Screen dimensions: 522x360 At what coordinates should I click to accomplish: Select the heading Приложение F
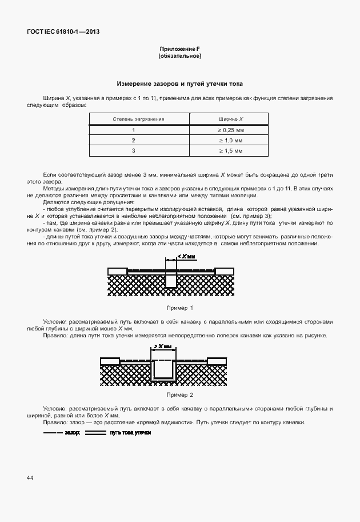pyautogui.click(x=179, y=50)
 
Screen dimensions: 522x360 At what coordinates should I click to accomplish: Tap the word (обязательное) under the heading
pyautogui.click(x=179, y=57)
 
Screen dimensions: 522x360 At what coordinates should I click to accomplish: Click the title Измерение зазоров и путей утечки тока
pyautogui.click(x=179, y=83)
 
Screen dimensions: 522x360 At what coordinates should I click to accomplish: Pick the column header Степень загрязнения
pyautogui.click(x=139, y=119)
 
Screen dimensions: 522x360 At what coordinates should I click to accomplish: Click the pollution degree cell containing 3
pyautogui.click(x=134, y=150)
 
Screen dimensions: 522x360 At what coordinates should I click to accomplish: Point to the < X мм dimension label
pyautogui.click(x=186, y=257)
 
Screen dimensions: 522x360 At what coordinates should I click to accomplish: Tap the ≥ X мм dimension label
pyautogui.click(x=163, y=346)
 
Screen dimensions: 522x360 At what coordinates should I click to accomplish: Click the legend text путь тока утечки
pyautogui.click(x=130, y=433)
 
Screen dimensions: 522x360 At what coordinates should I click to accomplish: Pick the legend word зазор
pyautogui.click(x=71, y=433)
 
